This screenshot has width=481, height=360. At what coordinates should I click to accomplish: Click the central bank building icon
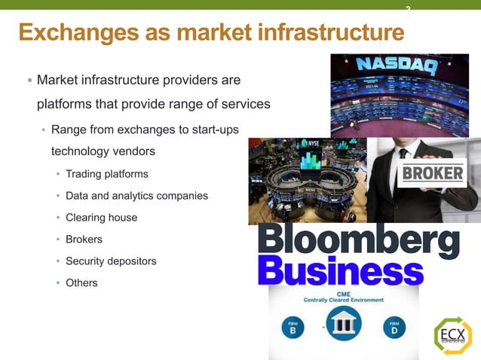[344, 325]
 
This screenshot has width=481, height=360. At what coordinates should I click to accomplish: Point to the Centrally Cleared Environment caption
[344, 299]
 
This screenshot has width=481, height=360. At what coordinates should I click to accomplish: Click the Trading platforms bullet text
[106, 174]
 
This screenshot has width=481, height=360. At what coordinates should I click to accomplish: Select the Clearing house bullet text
[101, 218]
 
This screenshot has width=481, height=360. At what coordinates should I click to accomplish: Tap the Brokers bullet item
[84, 239]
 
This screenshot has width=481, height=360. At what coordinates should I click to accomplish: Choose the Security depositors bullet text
[111, 261]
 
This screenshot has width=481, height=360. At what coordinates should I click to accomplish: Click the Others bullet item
[81, 283]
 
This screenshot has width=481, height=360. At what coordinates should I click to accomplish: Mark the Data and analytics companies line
[136, 196]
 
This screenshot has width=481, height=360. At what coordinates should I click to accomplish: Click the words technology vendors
[103, 151]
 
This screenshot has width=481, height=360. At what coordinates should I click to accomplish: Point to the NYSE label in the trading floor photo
[311, 142]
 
